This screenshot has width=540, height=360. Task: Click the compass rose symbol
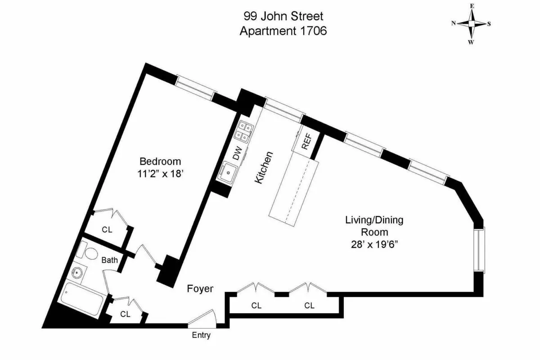[x=471, y=24]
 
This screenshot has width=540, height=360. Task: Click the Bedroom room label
[x=160, y=161]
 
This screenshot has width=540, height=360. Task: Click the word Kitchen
[x=264, y=167]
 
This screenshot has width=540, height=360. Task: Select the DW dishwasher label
[x=237, y=153]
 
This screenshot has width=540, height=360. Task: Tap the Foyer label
[x=200, y=289]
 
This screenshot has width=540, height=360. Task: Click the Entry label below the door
[x=201, y=335]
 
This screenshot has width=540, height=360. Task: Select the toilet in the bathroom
[x=89, y=252]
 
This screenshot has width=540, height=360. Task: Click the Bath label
[x=109, y=260]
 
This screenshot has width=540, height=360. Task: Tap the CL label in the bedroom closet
[x=107, y=229]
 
